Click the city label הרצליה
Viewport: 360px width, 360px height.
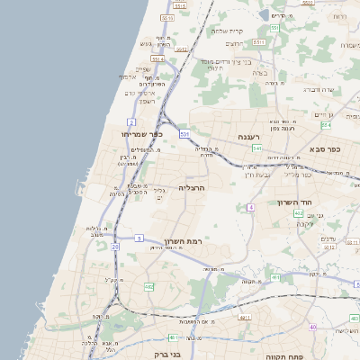pyautogui.click(x=193, y=187)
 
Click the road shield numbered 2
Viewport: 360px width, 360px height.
pyautogui.click(x=131, y=121)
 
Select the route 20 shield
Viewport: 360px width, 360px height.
pyautogui.click(x=115, y=246)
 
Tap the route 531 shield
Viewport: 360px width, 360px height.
pyautogui.click(x=184, y=134)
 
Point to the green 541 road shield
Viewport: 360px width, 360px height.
pyautogui.click(x=256, y=148)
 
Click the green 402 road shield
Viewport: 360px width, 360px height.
pyautogui.click(x=298, y=212)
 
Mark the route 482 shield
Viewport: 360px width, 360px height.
pyautogui.click(x=148, y=286)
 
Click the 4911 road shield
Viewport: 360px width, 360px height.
pyautogui.click(x=244, y=318)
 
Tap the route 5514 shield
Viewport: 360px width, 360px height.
pyautogui.click(x=157, y=58)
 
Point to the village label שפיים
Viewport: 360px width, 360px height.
pyautogui.click(x=143, y=68)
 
